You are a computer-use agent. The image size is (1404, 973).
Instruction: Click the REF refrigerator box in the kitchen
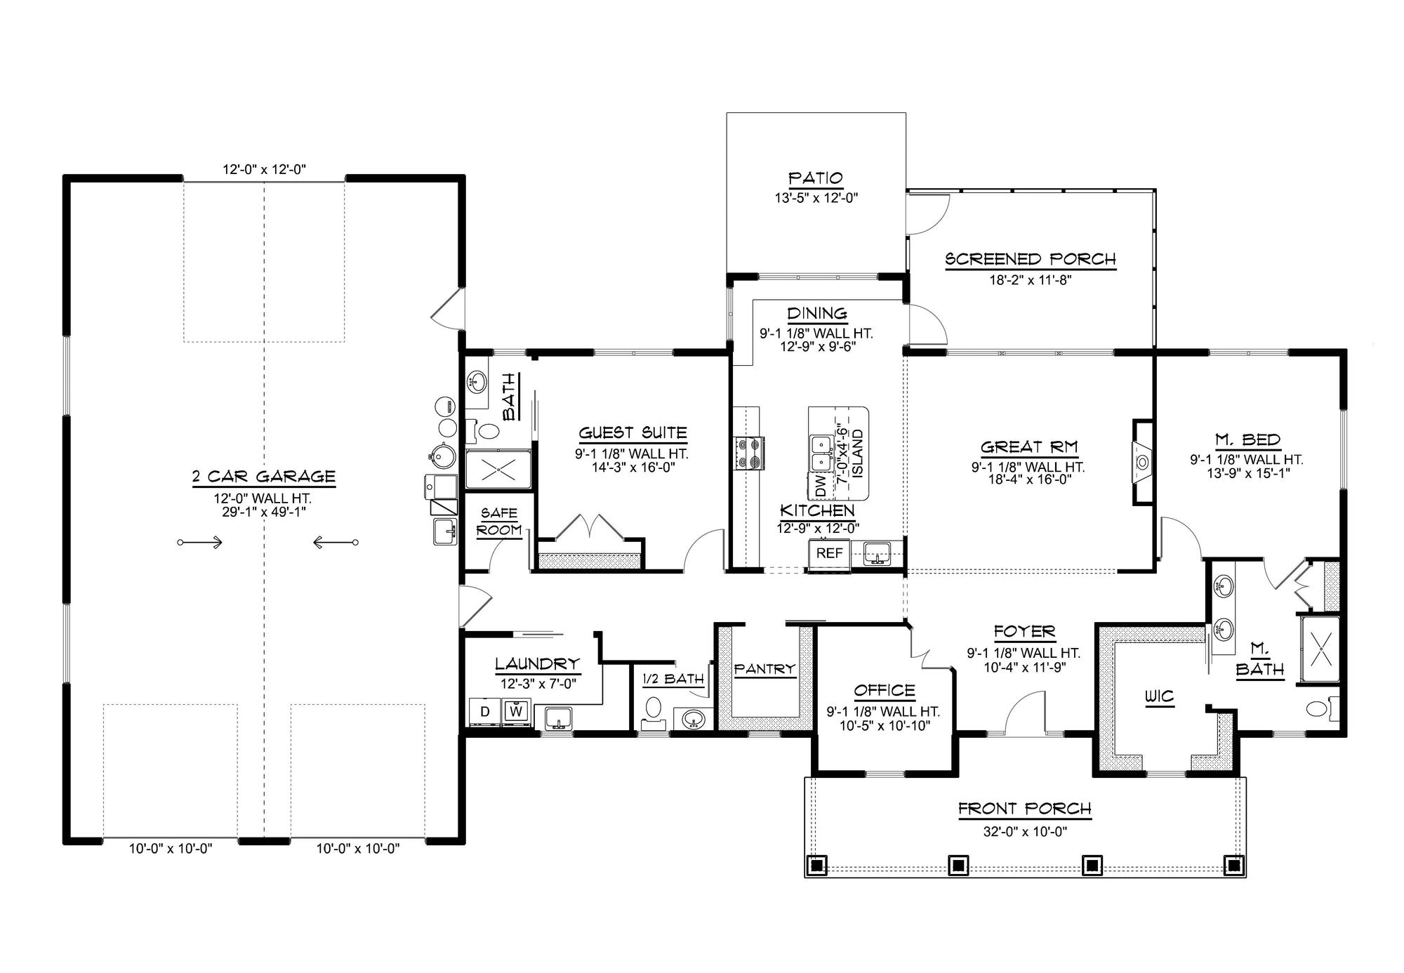829,553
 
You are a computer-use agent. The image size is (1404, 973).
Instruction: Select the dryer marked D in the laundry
484,712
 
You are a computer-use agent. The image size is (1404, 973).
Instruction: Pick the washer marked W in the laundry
517,712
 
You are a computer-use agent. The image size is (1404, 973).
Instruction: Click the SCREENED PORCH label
1030,259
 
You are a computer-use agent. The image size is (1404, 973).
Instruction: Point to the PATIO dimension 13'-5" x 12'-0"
816,199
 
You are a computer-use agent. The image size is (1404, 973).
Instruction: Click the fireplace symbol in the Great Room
1142,462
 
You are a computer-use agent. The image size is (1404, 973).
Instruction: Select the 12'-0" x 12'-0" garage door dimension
265,169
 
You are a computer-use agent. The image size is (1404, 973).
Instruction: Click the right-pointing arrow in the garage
201,542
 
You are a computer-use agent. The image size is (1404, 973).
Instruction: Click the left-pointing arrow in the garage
336,542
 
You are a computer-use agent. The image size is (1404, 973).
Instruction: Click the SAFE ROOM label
499,522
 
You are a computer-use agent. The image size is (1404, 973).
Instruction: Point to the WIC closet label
1159,696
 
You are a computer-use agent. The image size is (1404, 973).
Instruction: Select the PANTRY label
764,669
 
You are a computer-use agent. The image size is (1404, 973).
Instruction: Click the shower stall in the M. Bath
1320,648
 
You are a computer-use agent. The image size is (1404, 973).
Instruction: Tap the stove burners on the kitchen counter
749,453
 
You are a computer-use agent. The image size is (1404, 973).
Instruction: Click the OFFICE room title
885,690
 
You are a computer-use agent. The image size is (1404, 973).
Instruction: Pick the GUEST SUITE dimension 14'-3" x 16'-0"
633,467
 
